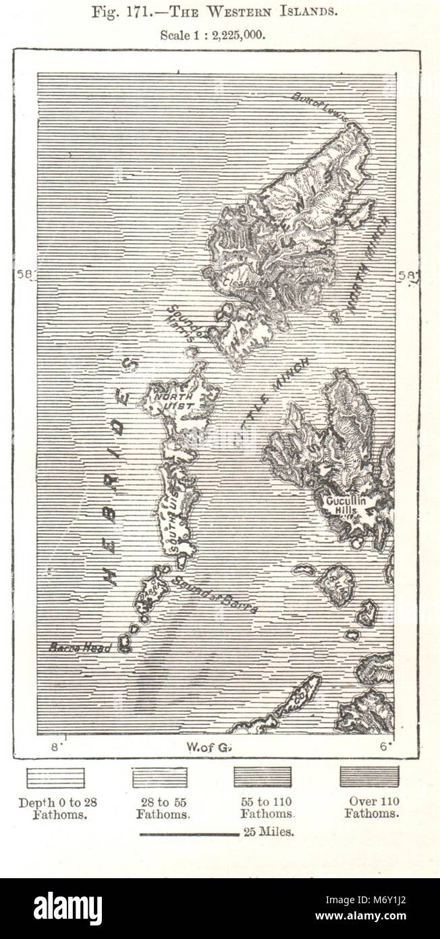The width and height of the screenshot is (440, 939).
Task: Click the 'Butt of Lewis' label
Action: click(x=319, y=106)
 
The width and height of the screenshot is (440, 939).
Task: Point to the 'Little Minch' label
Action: click(x=270, y=399)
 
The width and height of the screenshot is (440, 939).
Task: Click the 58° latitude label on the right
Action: click(x=408, y=275)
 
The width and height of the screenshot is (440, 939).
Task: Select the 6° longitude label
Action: click(x=385, y=747)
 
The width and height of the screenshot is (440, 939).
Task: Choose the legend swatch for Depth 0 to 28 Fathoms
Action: click(x=55, y=778)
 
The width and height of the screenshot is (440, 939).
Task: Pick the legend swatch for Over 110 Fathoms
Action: click(x=369, y=776)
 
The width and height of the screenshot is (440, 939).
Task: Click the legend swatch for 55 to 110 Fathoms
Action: click(x=263, y=777)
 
